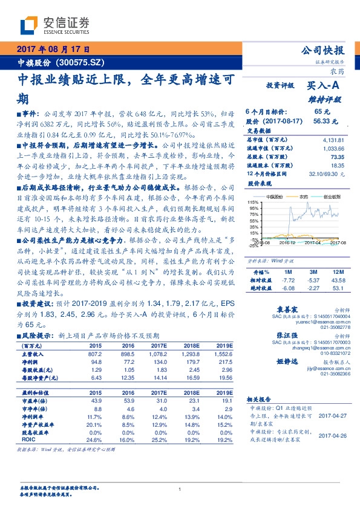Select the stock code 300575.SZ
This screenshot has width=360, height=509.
[x=81, y=62]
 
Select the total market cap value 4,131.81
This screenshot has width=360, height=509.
[x=333, y=140]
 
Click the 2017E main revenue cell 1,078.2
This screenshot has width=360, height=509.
[x=157, y=354]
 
